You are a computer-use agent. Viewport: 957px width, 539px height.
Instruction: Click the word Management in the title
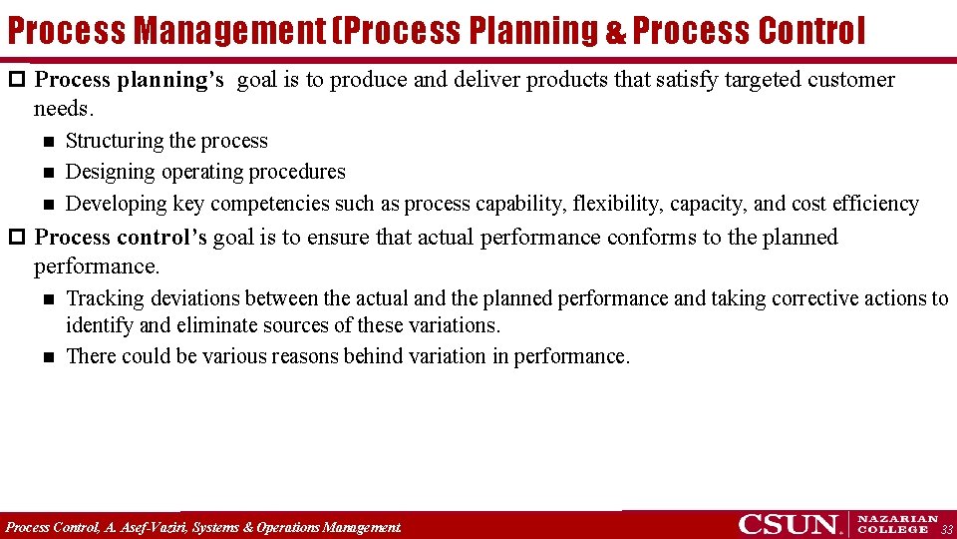(x=229, y=31)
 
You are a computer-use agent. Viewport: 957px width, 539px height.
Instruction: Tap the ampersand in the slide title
(x=616, y=33)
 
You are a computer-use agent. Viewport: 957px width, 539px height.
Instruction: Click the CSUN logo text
(x=788, y=524)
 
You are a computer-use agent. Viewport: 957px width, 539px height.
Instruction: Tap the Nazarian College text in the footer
(x=897, y=524)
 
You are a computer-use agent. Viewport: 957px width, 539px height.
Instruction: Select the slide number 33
(x=946, y=529)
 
